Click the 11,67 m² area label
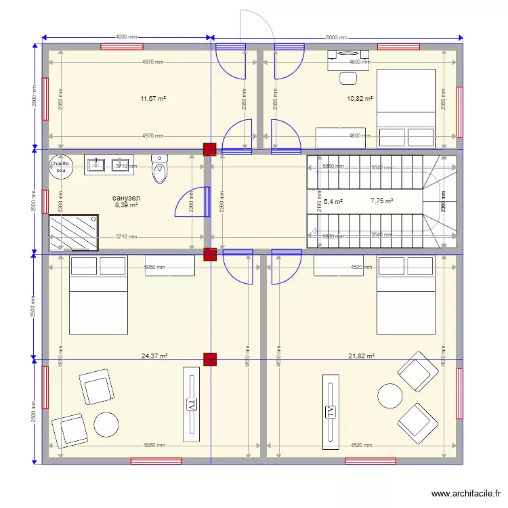click(x=153, y=99)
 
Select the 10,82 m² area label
click(x=360, y=99)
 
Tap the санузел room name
click(x=127, y=197)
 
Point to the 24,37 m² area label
click(x=154, y=356)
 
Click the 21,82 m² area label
click(x=361, y=356)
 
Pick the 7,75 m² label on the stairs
click(x=381, y=201)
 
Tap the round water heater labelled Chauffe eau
click(x=61, y=167)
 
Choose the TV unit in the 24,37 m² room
click(x=192, y=404)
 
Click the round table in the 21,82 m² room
click(x=390, y=396)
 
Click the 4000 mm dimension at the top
click(x=127, y=37)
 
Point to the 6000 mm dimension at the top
click(x=337, y=38)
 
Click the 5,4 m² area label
click(x=333, y=202)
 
